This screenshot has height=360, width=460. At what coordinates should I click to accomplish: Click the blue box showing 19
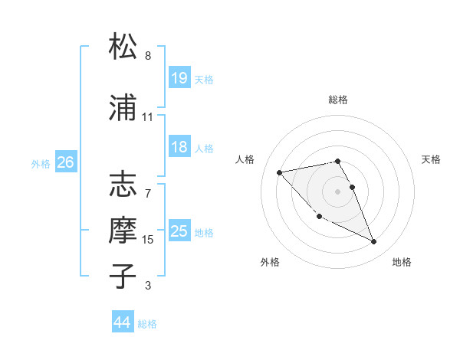click(179, 78)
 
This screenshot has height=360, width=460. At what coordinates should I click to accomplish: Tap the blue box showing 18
click(179, 147)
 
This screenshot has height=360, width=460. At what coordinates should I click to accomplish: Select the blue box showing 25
click(179, 231)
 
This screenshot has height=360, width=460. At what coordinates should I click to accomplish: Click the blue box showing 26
click(65, 162)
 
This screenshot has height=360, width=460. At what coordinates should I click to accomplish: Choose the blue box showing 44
click(123, 322)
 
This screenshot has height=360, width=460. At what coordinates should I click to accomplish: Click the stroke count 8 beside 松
click(148, 56)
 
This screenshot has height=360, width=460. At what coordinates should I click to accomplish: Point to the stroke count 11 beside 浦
click(148, 117)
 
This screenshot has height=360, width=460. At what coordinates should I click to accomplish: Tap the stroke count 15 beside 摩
click(148, 240)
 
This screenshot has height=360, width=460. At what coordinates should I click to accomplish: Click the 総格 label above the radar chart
click(338, 100)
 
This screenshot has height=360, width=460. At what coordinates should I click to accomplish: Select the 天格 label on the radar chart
click(432, 159)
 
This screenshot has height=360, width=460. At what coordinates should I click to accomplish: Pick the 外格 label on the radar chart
click(270, 262)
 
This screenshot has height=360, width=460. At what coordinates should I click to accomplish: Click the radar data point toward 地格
click(374, 242)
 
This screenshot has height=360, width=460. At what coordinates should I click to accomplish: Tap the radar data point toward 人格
click(280, 172)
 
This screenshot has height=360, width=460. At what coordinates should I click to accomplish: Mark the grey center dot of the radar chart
click(338, 191)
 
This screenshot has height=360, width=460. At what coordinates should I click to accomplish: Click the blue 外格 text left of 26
click(41, 163)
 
